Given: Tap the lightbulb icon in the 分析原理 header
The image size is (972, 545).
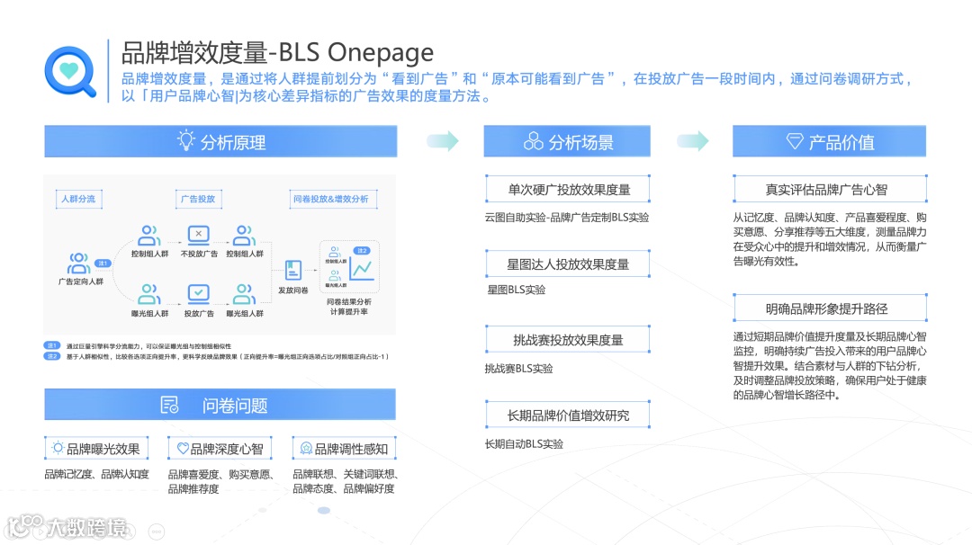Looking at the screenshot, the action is (185, 141).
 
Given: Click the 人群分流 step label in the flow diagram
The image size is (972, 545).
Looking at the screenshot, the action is (78, 199).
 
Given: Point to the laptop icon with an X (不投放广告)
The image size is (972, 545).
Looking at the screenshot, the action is (198, 237).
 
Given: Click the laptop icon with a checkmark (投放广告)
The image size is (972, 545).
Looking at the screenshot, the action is (198, 294).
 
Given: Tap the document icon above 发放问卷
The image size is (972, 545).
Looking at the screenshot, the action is (292, 269).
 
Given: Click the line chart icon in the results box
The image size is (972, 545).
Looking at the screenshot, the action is (363, 268).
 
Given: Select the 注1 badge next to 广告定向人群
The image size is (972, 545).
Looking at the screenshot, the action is (103, 264).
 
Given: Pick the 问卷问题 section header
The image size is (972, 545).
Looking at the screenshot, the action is (220, 405).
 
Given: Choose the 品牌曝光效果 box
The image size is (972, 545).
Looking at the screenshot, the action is (96, 448).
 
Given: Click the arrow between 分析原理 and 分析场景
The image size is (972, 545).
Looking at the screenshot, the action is (441, 140).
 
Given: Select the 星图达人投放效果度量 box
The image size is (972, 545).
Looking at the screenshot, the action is (567, 264).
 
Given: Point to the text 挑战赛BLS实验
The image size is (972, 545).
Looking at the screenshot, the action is (518, 369).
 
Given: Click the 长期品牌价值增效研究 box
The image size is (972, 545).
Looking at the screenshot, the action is (567, 415).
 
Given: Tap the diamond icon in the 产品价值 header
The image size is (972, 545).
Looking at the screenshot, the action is (795, 141).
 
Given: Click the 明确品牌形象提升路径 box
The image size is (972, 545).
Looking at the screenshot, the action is (826, 308).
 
